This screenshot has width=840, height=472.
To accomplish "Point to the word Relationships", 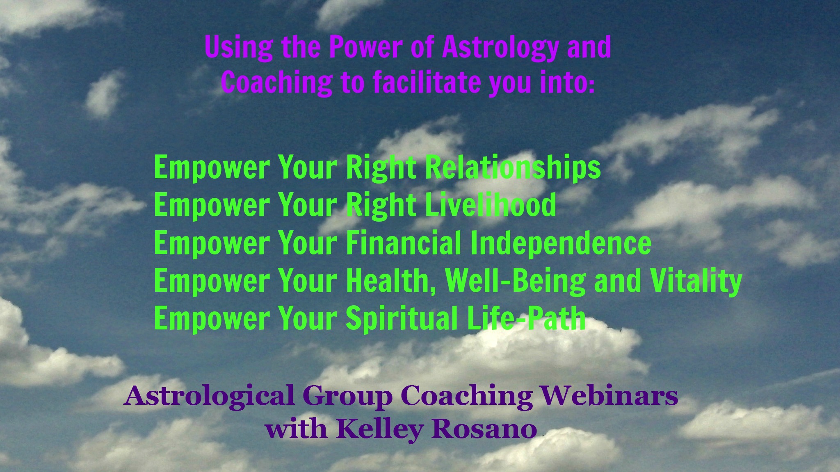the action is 512,168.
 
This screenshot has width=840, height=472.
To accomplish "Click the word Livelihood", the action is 490,204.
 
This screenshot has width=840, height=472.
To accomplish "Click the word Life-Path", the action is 526,318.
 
